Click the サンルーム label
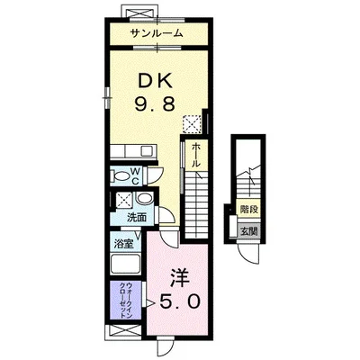(x=157, y=33)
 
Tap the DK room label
(x=155, y=80)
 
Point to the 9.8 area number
(x=155, y=104)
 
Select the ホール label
(x=195, y=155)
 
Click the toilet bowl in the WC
(x=121, y=175)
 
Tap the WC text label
(x=135, y=176)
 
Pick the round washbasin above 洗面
(x=145, y=199)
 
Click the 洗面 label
(x=137, y=218)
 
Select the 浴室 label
(x=123, y=244)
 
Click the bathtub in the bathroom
(x=125, y=264)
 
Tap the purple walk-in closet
(x=125, y=300)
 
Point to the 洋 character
(x=180, y=277)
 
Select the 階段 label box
(x=248, y=209)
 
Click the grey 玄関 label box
(x=248, y=231)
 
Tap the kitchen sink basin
(x=147, y=150)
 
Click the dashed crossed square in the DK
(x=192, y=123)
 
